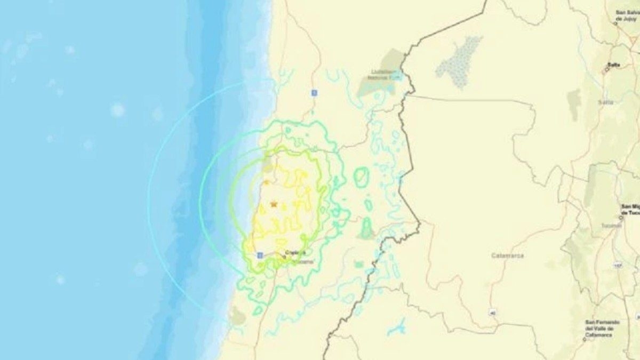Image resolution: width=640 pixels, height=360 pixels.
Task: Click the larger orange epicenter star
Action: click(274, 204)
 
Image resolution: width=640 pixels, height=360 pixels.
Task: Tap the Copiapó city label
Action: click(295, 252)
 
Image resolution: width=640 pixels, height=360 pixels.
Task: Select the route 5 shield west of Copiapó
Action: click(260, 255)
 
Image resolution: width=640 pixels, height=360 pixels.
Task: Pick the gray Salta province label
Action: click(605, 102)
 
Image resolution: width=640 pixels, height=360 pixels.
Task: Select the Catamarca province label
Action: click(507, 255)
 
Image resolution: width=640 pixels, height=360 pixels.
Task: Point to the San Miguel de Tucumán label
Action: click(630, 209)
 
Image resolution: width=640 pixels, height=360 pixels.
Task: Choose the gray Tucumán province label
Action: click(607, 226)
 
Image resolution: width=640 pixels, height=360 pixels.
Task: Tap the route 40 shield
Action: click(493, 313)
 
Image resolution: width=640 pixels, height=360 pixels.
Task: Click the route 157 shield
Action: click(618, 265)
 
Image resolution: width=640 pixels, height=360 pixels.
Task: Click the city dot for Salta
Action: click(606, 69)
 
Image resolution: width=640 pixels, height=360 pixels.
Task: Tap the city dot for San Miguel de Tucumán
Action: click(621, 218)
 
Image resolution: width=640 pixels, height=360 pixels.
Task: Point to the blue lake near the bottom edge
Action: click(397, 327)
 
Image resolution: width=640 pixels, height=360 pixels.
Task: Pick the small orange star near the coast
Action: click(266, 182)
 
